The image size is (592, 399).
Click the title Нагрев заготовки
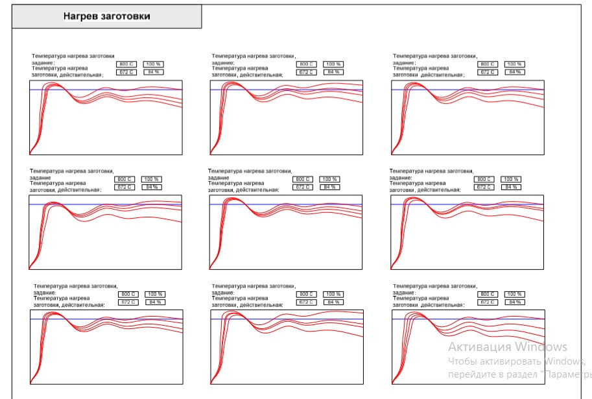106,17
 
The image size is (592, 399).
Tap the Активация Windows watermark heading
508,347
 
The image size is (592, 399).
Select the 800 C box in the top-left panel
126,64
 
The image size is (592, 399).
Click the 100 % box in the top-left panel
153,64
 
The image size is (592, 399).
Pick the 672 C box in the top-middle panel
306,72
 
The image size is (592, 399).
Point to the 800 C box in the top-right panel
488,64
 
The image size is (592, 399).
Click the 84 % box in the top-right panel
515,72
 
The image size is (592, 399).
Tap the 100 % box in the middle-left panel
152,179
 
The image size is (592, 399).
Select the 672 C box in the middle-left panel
124,187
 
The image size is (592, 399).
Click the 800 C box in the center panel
303,179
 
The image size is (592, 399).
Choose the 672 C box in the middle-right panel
484,187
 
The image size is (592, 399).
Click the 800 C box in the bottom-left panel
128,294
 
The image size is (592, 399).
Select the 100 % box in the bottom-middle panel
334,294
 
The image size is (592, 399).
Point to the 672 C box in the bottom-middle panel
307,302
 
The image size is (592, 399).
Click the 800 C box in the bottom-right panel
488,294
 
